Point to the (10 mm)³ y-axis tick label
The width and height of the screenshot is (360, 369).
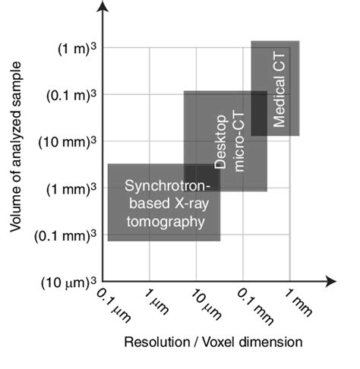tap(73, 142)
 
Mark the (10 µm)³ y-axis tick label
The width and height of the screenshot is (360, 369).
tap(73, 282)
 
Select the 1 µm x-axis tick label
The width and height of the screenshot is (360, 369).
tap(155, 301)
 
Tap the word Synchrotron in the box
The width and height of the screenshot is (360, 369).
tap(162, 185)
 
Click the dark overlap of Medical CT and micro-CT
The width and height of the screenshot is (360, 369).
tap(259, 114)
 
